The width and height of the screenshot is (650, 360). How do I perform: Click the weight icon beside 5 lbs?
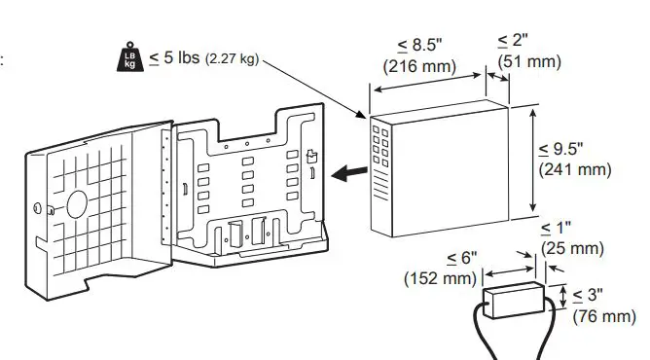128,57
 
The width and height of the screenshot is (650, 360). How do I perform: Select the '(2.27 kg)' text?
231,59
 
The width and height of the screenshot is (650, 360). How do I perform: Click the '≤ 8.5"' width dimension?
420,46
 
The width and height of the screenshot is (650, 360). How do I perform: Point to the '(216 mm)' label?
420,67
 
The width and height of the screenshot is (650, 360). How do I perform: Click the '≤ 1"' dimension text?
558,228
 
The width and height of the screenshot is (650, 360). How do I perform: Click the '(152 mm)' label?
441,279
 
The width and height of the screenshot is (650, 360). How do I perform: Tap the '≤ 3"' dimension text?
590,294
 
